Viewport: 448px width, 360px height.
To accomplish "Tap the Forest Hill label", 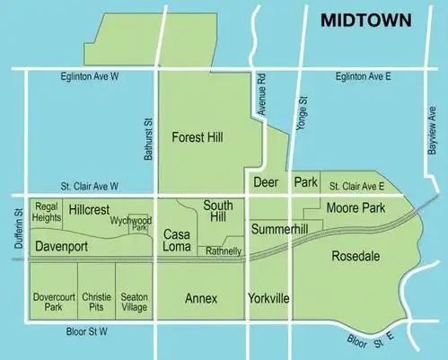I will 198,137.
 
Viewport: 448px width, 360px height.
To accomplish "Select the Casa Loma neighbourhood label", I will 177,240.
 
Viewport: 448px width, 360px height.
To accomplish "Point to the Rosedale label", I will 356,256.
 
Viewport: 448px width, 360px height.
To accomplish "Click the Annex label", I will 201,297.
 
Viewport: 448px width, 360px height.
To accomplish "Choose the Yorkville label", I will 268,297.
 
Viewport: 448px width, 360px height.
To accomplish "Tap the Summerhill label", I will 279,231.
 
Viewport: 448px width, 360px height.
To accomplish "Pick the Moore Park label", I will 356,208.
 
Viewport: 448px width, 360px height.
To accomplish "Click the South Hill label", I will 218,211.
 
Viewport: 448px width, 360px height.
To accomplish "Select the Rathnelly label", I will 224,251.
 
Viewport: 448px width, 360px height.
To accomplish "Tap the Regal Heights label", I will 47,212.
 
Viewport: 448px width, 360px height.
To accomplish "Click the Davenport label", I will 62,245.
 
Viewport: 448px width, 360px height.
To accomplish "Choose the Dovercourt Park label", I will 53,301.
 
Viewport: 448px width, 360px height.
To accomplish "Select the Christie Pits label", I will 96,301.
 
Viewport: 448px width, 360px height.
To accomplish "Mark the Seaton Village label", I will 135,301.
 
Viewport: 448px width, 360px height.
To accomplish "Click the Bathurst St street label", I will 149,140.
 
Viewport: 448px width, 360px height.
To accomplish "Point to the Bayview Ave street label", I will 431,132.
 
